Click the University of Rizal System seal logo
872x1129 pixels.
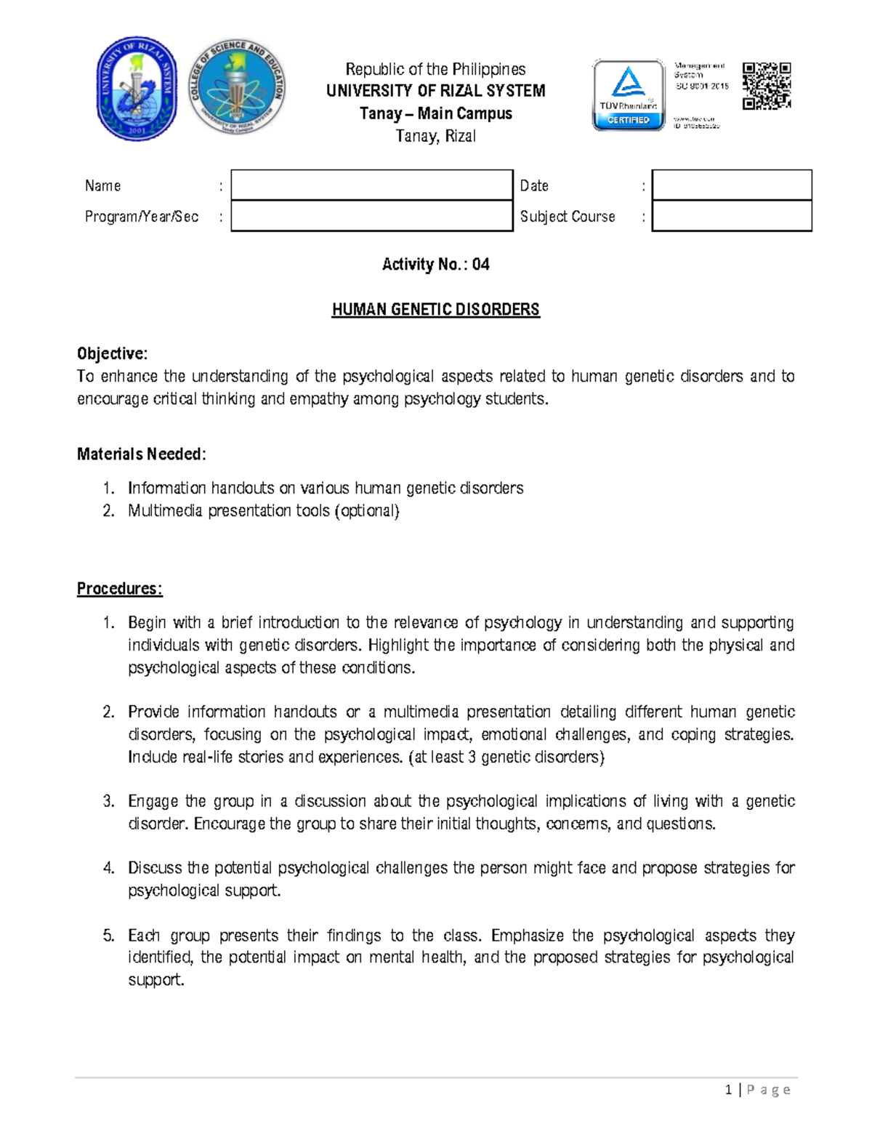tap(137, 89)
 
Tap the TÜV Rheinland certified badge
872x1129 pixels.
tap(629, 95)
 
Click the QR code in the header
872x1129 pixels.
tap(766, 86)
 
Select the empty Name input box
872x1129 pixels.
tap(371, 185)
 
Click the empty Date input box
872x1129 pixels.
tap(731, 185)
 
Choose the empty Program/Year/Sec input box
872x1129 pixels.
tap(371, 216)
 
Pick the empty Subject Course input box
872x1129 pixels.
tap(731, 216)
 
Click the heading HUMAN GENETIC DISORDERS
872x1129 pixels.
tap(435, 310)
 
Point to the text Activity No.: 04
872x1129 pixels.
tap(435, 265)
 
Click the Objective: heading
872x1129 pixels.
tap(112, 354)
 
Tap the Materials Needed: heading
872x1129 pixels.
tap(142, 454)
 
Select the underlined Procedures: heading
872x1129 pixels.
tap(120, 589)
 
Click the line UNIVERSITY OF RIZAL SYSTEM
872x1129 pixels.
tap(435, 91)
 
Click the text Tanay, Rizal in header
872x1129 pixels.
tap(435, 136)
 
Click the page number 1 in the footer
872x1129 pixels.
tap(728, 1090)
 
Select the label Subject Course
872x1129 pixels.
tap(567, 217)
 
